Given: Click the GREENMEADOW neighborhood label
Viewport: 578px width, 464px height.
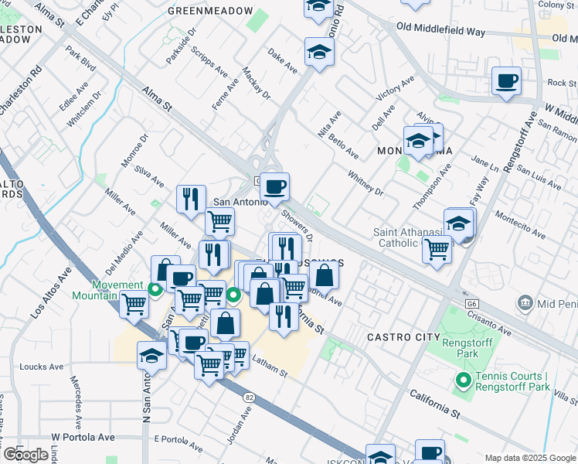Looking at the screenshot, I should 210,11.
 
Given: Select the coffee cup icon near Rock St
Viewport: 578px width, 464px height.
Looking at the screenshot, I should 506,81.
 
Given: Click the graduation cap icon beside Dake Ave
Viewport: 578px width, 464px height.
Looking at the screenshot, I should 318,53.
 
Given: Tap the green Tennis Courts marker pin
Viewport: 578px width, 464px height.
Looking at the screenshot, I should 464,380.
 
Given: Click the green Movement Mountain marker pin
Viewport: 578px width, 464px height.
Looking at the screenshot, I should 155,290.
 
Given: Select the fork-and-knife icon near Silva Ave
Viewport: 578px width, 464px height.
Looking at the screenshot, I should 191,200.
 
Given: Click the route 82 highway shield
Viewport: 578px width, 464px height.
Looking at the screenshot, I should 249,397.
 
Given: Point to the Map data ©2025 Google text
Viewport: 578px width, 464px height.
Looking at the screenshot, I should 530,458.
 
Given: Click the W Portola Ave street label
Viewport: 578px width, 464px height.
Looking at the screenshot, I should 83,438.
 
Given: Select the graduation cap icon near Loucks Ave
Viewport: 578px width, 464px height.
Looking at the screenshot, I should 152,356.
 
